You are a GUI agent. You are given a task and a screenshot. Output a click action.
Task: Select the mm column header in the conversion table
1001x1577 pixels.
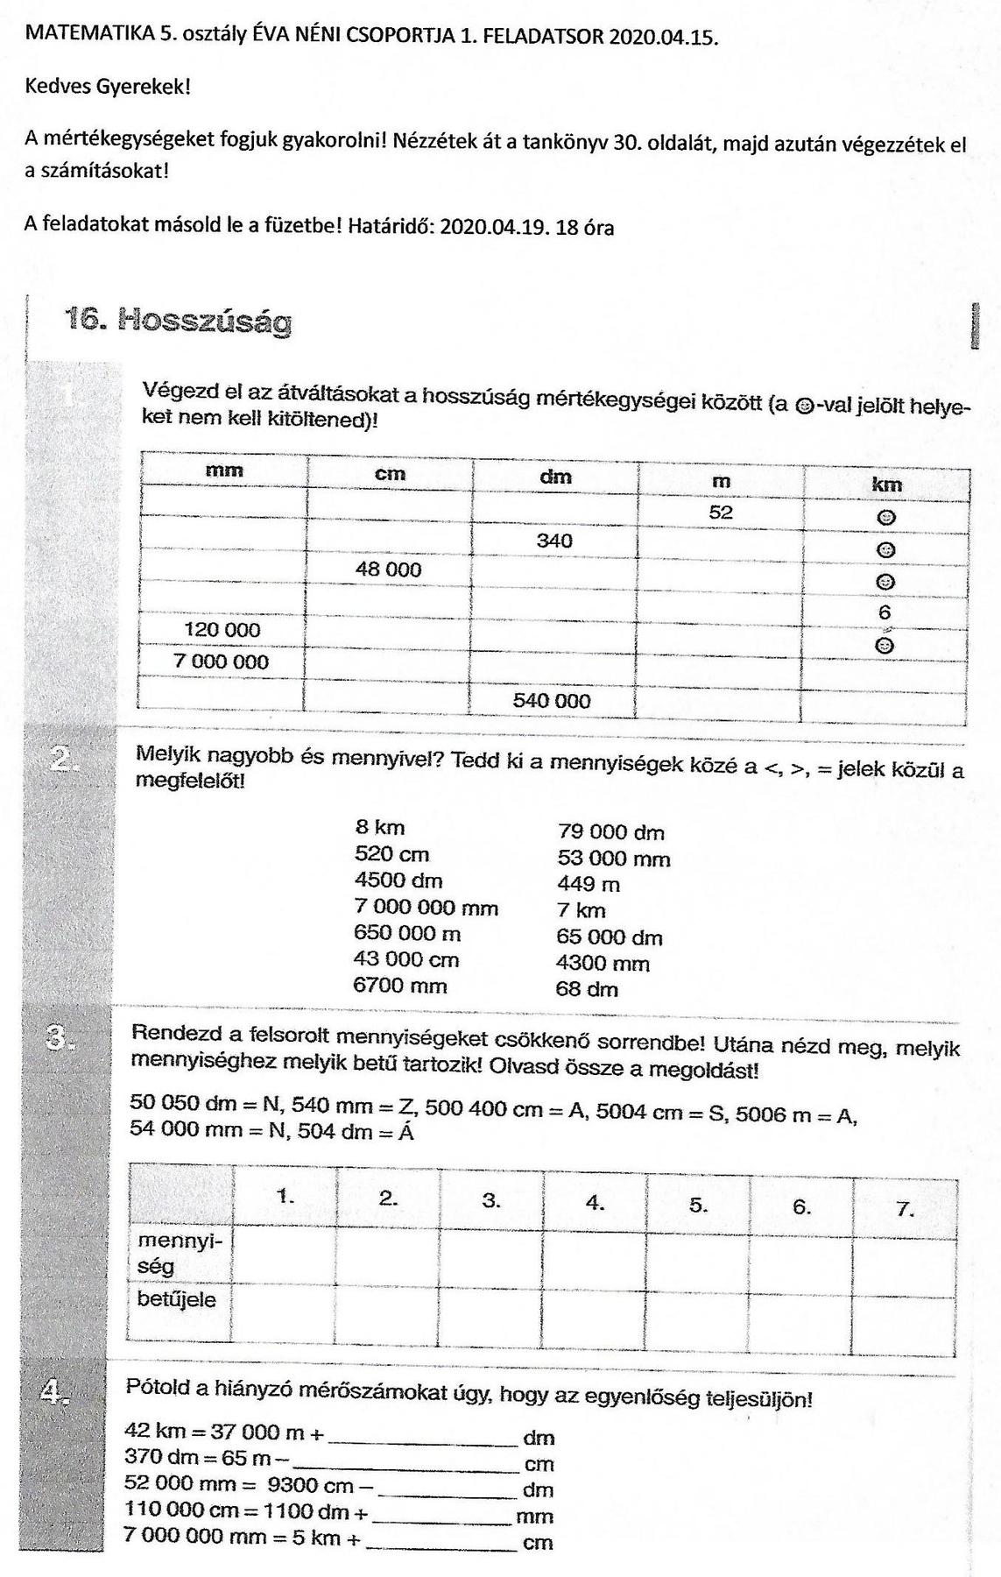(x=224, y=471)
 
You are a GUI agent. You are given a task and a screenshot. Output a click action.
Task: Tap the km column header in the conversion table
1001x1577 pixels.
(x=886, y=484)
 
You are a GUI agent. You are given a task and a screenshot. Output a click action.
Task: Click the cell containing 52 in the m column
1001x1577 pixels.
(x=721, y=513)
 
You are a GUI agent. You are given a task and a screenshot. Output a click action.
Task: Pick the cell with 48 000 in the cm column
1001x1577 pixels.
(x=388, y=569)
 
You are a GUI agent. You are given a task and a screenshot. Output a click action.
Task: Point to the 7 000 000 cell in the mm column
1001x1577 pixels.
(x=222, y=662)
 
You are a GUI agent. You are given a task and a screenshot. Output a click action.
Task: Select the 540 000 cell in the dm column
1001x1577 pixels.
(x=551, y=701)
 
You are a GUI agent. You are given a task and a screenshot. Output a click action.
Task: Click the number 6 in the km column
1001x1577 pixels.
(x=885, y=613)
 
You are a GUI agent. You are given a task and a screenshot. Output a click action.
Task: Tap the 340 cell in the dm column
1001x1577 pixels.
(x=554, y=541)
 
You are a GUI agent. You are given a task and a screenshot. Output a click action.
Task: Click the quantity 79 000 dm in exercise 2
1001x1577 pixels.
(x=610, y=832)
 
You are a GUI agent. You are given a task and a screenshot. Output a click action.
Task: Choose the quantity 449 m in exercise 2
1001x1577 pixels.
(x=588, y=885)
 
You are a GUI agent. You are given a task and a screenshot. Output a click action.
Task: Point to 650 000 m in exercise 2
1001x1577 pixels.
(x=407, y=934)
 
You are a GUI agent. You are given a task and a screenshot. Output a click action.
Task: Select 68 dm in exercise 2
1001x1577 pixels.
(x=586, y=990)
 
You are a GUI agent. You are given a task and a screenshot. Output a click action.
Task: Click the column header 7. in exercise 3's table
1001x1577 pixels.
(x=905, y=1210)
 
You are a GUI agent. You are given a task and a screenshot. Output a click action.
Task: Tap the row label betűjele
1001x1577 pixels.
(x=176, y=1299)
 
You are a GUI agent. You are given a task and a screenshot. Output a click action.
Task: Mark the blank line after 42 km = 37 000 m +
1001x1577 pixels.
(x=422, y=1438)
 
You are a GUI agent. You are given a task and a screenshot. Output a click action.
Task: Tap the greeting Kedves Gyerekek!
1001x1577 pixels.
(x=108, y=87)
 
